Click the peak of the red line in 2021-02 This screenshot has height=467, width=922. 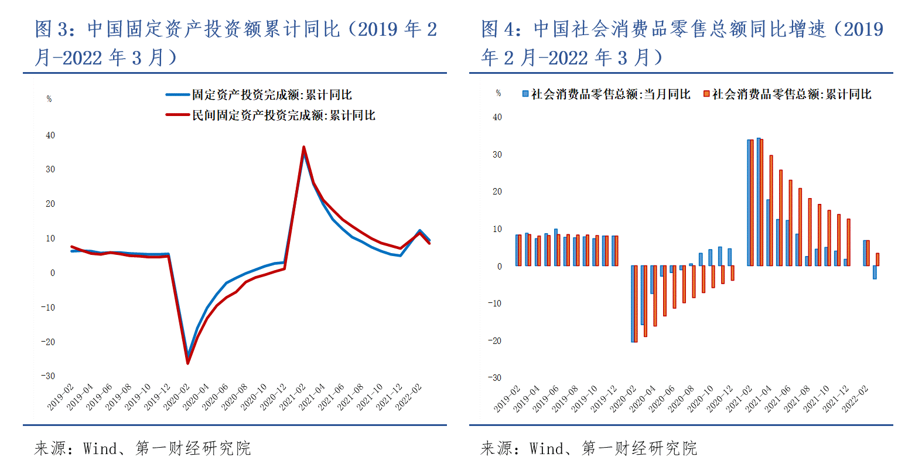[303, 148]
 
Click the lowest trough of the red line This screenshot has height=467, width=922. [188, 363]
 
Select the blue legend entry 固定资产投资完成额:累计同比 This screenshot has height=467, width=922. [271, 95]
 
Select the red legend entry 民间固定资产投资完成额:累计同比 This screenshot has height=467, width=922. [283, 115]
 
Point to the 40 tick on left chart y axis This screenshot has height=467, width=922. [50, 135]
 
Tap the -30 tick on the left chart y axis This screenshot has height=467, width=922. [48, 376]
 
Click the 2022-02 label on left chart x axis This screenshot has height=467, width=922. [409, 397]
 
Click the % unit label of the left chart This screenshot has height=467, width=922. [49, 99]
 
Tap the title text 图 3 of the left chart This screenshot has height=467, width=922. [53, 29]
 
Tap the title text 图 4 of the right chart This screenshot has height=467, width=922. [499, 29]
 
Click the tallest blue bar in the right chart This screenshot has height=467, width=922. [759, 202]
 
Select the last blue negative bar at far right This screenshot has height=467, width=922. [875, 272]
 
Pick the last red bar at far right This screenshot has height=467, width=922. [877, 259]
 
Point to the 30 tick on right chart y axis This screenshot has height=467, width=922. [497, 155]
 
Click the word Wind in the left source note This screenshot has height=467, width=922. [100, 449]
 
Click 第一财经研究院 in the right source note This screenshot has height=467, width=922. [639, 449]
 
